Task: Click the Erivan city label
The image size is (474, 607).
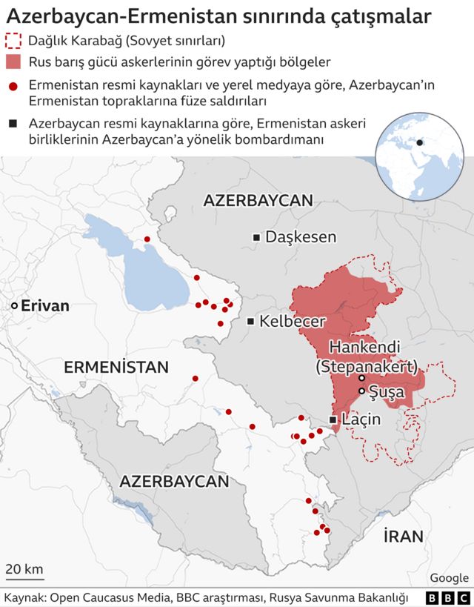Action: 45,306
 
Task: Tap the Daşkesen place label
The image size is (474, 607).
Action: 301,237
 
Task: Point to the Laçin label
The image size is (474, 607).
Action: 361,420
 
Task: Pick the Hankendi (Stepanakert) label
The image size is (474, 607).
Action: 366,356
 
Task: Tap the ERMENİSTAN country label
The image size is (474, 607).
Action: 116,367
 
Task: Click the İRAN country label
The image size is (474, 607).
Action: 403,536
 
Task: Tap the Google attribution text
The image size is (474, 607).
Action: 449,578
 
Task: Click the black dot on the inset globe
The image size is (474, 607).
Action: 419,142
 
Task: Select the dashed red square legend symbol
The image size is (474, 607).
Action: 13,40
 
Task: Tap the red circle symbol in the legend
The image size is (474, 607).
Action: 13,86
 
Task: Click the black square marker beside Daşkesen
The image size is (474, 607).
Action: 256,237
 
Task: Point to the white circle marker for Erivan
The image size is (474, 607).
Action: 14,306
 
